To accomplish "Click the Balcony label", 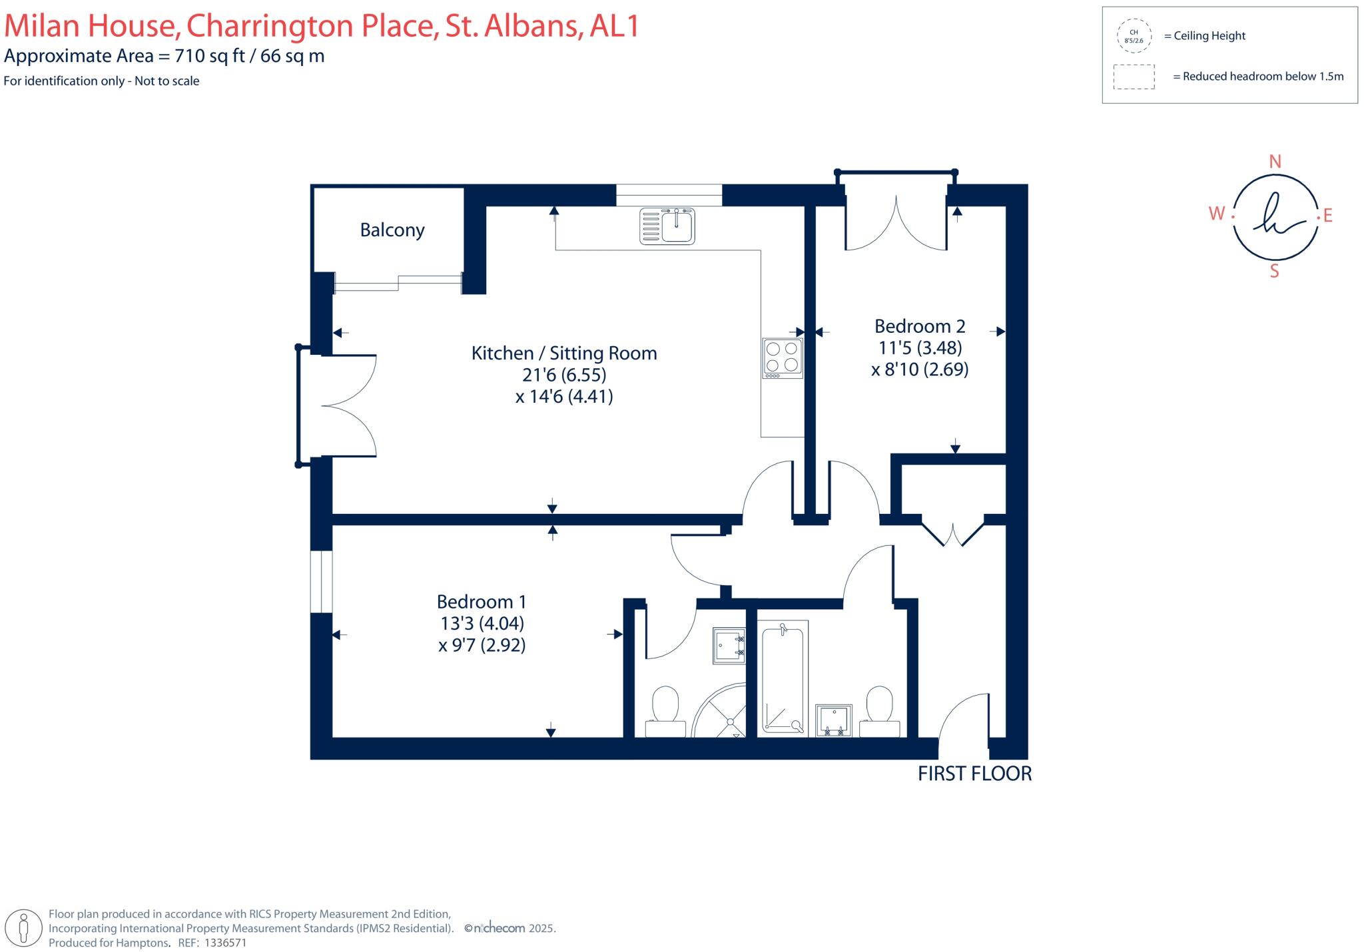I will (392, 230).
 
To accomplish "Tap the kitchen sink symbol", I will (667, 226).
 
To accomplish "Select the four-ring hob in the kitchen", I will (783, 358).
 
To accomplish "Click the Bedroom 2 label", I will (919, 326).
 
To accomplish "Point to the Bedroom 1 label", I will (482, 602).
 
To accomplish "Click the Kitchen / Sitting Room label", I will (564, 353).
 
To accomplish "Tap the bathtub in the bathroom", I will (783, 678).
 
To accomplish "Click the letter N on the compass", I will (1275, 162).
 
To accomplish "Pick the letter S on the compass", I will (1274, 271).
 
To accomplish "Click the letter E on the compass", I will (1327, 216).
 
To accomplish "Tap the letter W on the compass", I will (1216, 214).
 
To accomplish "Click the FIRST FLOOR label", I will (974, 774).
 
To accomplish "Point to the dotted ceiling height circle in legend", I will (1134, 36).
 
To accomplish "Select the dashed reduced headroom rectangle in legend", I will (1134, 77).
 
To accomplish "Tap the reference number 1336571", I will (225, 943).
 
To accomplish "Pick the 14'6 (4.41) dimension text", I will (563, 397).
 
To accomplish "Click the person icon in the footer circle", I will (24, 927).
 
